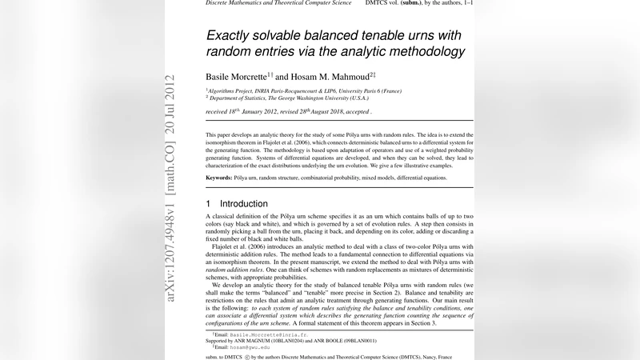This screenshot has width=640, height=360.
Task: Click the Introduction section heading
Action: pos(244,204)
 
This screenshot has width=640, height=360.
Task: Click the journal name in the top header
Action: pos(279,3)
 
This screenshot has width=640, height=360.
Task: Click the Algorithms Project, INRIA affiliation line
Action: pos(304,91)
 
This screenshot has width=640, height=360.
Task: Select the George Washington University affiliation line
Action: pos(289,98)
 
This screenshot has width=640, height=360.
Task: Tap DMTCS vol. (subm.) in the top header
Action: pos(403,3)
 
